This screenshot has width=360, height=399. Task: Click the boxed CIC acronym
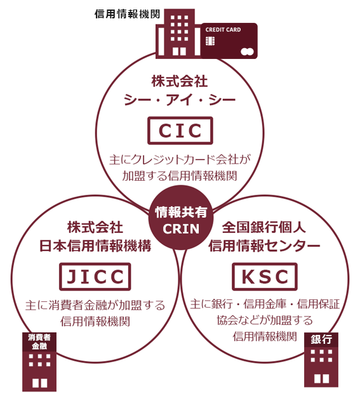[x=180, y=131]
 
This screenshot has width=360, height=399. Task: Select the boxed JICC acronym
[x=95, y=277]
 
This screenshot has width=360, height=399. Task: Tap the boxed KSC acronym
[x=265, y=277]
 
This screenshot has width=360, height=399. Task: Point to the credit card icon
[x=229, y=41]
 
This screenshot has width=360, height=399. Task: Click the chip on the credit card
[x=210, y=41]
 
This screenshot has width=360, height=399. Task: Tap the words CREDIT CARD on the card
[x=223, y=30]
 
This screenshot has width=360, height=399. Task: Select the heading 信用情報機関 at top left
[x=127, y=14]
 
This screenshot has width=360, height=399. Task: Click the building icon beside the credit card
[x=178, y=34]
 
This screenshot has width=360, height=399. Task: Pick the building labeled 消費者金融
[x=39, y=362]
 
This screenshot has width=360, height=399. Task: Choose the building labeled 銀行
[x=321, y=360]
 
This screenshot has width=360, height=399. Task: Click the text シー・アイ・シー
[x=180, y=100]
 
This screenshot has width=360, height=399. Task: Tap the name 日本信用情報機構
[x=95, y=246]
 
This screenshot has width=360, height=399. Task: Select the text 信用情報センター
[x=264, y=246]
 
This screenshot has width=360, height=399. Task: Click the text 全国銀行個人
[x=264, y=227]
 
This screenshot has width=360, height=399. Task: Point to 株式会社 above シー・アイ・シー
[x=180, y=81]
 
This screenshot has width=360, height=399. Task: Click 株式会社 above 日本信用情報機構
[x=95, y=227]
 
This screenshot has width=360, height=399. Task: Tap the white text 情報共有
[x=181, y=213]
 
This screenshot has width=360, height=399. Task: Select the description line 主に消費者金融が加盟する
[x=95, y=305]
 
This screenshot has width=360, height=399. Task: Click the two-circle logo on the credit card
[x=247, y=52]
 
